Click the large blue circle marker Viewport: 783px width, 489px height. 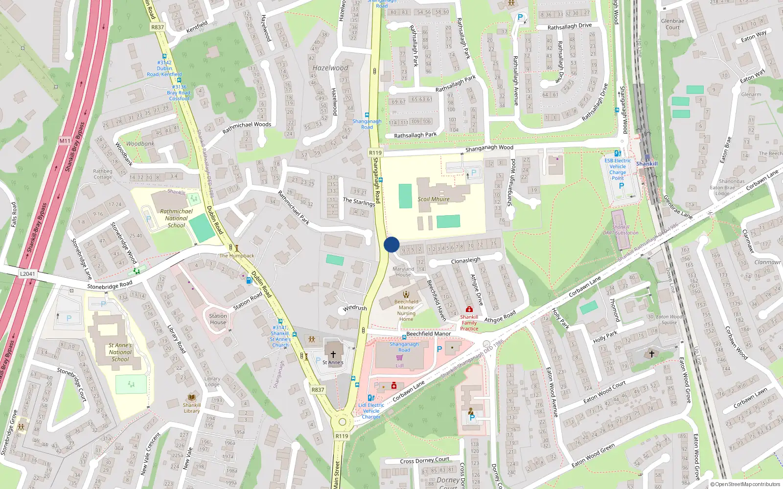tap(391, 244)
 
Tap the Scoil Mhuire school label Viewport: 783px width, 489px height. tap(434, 199)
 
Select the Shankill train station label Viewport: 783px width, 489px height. tap(647, 164)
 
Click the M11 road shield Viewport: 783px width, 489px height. tap(65, 141)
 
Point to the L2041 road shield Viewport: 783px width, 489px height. tap(27, 274)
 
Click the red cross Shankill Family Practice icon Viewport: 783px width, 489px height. tap(469, 309)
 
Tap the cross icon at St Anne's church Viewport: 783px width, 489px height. tap(333, 354)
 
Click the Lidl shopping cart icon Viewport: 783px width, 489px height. tap(400, 358)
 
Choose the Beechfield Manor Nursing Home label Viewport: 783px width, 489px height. tap(406, 311)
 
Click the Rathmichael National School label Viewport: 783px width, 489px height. tap(176, 218)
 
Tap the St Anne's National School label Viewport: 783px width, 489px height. tap(120, 352)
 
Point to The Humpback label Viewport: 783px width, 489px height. tap(237, 256)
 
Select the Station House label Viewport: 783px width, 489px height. tap(218, 319)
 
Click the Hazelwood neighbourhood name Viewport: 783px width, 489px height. tap(330, 68)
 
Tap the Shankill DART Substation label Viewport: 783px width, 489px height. tap(621, 230)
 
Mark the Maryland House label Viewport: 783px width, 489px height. tap(403, 272)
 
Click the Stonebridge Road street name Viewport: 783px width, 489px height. tap(110, 285)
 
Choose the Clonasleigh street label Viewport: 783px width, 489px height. tap(465, 261)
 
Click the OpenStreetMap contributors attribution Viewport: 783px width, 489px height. tap(745, 485)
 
